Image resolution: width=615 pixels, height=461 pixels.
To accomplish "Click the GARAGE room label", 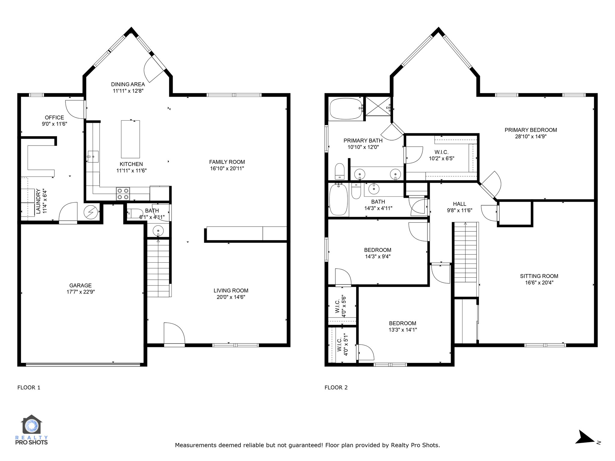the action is [x=80, y=285].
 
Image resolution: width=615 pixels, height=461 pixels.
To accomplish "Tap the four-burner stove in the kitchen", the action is [x=123, y=194].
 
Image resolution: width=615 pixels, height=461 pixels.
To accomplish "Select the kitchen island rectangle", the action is [x=130, y=139].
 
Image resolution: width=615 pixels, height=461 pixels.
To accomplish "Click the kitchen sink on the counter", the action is [x=93, y=157].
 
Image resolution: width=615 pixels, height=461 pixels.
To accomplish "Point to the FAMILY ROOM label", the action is [x=227, y=162].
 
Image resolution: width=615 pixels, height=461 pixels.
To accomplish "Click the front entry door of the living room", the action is [x=174, y=334].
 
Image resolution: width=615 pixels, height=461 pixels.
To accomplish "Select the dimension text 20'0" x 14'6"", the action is [x=231, y=297].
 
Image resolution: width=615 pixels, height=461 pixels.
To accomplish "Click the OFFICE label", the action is [x=54, y=117].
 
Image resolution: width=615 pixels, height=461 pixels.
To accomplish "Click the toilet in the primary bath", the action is [x=340, y=171].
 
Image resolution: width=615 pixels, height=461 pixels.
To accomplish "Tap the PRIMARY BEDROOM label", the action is [x=531, y=130].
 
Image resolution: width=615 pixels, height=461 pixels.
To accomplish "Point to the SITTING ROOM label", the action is [x=539, y=276].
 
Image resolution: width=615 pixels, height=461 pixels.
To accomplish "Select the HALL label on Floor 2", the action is [x=459, y=204].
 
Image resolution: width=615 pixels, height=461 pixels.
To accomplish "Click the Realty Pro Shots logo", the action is [x=32, y=429].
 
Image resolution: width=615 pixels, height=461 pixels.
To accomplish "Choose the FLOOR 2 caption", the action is [x=336, y=387].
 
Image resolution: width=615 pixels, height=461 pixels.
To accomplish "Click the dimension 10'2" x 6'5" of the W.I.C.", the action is [x=441, y=158].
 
